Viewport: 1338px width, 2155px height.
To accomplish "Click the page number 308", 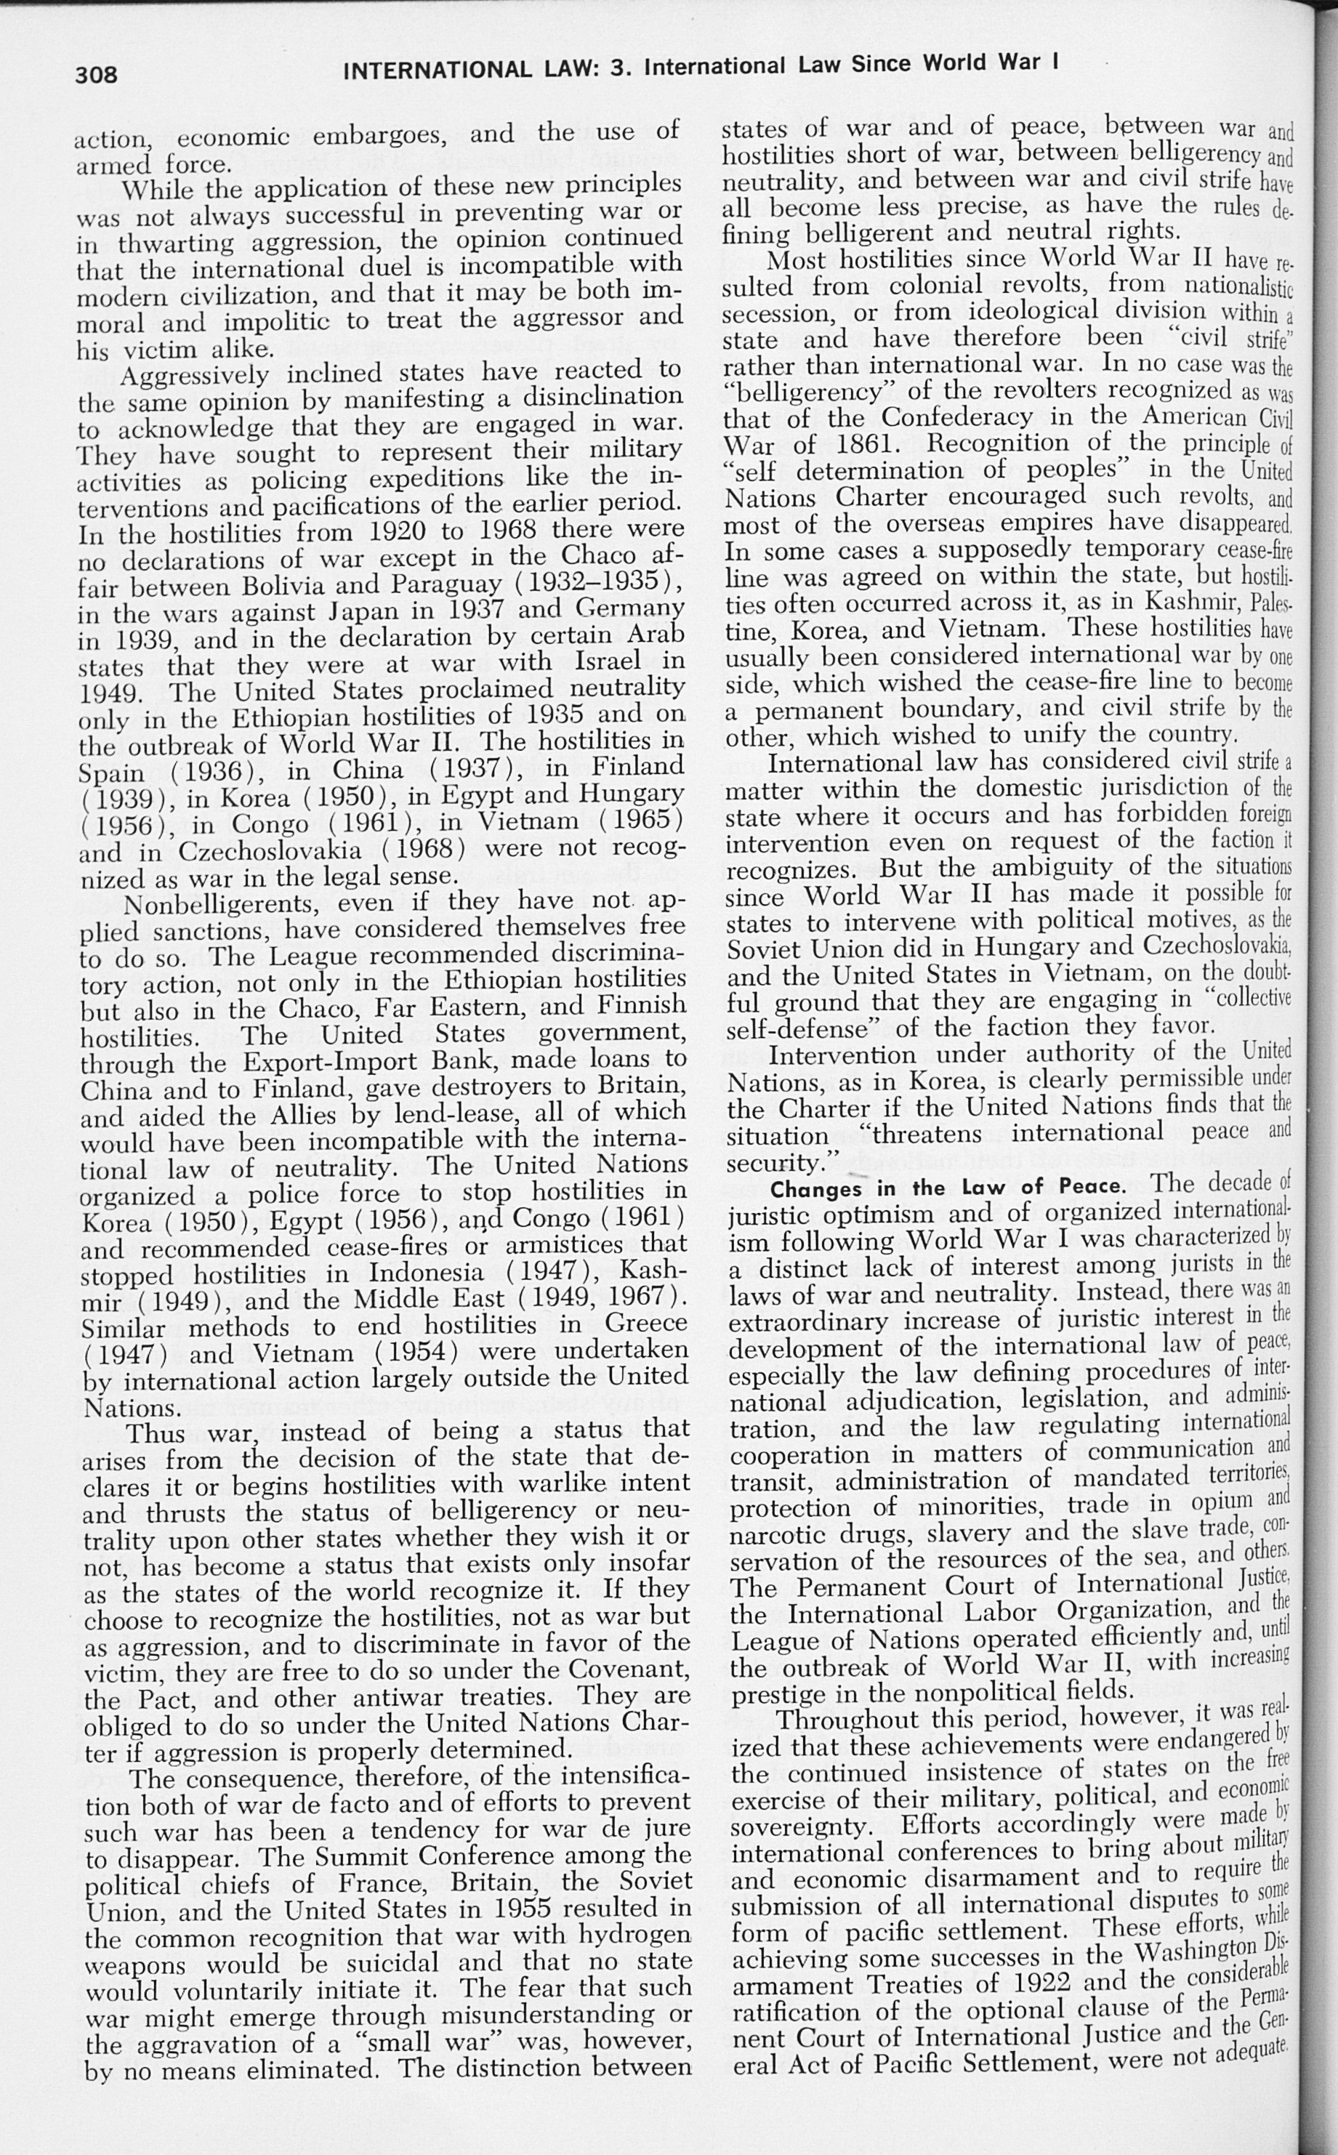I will pyautogui.click(x=97, y=74).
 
